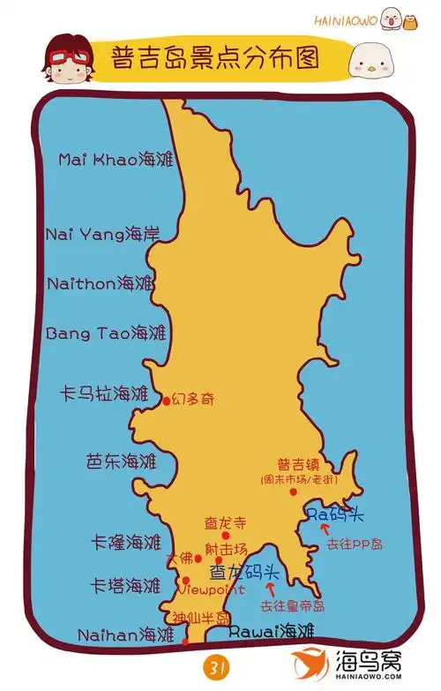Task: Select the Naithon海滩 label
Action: [113, 284]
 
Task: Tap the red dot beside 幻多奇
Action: [166, 402]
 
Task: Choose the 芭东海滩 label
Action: [121, 461]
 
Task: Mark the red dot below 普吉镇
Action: [294, 492]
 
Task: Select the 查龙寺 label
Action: [224, 522]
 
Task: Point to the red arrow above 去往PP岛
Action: [325, 530]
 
